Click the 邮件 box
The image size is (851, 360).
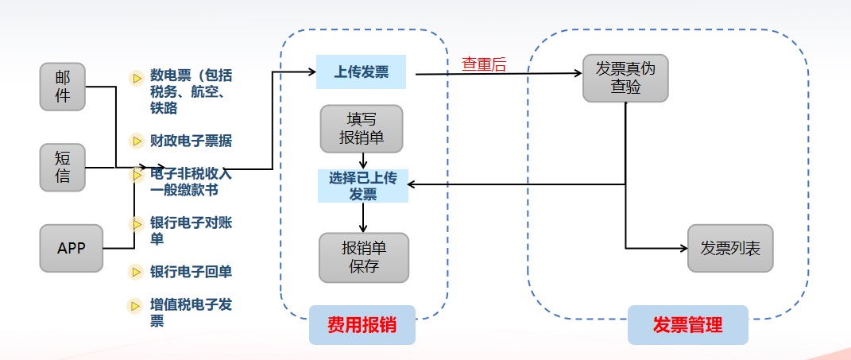[63, 87]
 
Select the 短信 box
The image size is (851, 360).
[63, 167]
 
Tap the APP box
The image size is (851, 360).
[71, 248]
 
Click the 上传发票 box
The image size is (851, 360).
[362, 72]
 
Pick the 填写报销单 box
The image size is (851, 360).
[362, 128]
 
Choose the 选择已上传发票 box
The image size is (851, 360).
[363, 185]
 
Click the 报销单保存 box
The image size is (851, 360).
[363, 257]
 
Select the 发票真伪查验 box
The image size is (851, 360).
[625, 78]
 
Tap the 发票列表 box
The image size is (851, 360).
[730, 248]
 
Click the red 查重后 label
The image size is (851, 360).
[484, 65]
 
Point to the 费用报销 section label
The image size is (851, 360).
[362, 325]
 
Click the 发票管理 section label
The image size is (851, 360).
[687, 325]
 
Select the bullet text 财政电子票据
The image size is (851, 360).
[191, 141]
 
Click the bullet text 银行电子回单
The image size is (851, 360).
[191, 272]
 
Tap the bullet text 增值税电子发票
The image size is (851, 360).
[191, 312]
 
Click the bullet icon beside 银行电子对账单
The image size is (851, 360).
[136, 223]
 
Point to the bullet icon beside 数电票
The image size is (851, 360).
[136, 77]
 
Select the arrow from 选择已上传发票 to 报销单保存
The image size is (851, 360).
[363, 217]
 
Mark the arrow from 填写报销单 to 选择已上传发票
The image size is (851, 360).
[362, 161]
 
